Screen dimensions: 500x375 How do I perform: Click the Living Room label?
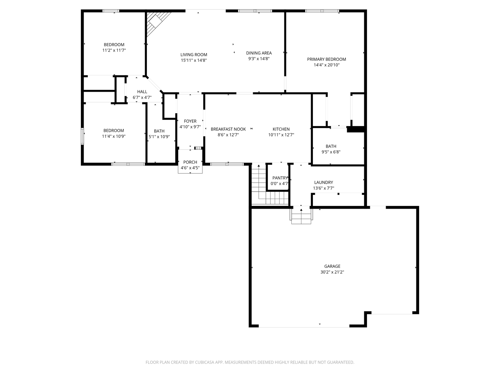pyautogui.click(x=194, y=55)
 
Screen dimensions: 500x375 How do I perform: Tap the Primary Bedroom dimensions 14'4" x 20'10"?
pyautogui.click(x=326, y=65)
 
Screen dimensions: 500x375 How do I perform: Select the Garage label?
pyautogui.click(x=332, y=266)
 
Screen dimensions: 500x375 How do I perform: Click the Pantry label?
pyautogui.click(x=280, y=178)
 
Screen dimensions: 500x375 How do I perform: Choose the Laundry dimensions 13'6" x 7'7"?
pyautogui.click(x=324, y=188)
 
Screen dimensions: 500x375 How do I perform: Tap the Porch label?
pyautogui.click(x=190, y=162)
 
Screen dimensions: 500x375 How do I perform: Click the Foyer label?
pyautogui.click(x=190, y=121)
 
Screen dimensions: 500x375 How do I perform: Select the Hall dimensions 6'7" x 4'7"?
pyautogui.click(x=142, y=98)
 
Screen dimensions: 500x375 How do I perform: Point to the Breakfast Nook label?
pyautogui.click(x=228, y=129)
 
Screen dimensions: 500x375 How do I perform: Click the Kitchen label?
pyautogui.click(x=281, y=129)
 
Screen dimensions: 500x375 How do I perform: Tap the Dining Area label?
pyautogui.click(x=259, y=53)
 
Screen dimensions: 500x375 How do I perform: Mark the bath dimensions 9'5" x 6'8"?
pyautogui.click(x=331, y=152)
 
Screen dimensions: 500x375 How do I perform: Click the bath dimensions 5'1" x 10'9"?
pyautogui.click(x=159, y=136)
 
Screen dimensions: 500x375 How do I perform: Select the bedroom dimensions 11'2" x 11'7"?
pyautogui.click(x=114, y=50)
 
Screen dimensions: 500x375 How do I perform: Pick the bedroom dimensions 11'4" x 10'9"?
pyautogui.click(x=114, y=136)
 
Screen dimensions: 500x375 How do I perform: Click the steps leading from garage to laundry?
pyautogui.click(x=301, y=216)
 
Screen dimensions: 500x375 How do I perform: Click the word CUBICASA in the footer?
pyautogui.click(x=204, y=362)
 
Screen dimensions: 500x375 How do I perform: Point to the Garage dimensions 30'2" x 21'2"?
pyautogui.click(x=332, y=272)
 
